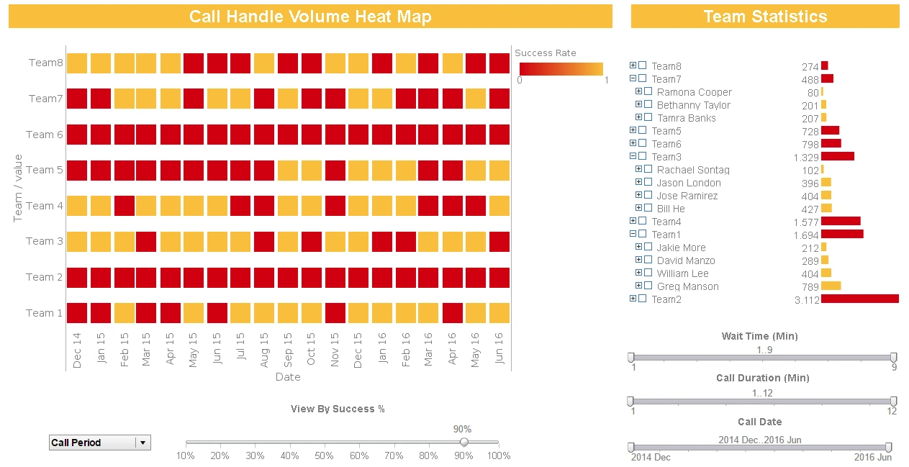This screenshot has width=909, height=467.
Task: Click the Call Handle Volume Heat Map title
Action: (x=310, y=17)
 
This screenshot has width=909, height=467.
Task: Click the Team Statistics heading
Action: (x=764, y=17)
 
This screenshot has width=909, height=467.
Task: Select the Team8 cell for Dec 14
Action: (x=77, y=63)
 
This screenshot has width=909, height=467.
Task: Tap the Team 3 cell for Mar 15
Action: (x=147, y=241)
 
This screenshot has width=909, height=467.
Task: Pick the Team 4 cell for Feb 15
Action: (x=124, y=206)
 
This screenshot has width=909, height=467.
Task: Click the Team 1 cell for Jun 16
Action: (x=499, y=313)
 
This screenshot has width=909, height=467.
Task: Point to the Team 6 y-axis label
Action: (x=45, y=135)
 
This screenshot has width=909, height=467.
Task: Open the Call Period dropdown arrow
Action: (x=143, y=443)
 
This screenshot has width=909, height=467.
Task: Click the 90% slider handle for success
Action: (x=464, y=442)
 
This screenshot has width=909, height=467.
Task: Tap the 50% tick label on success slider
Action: (x=325, y=455)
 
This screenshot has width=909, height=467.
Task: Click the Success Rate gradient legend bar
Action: (x=561, y=69)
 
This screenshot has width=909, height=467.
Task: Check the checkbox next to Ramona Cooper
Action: (x=648, y=92)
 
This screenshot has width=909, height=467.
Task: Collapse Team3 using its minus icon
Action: (x=633, y=156)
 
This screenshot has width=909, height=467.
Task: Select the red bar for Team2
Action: (x=859, y=299)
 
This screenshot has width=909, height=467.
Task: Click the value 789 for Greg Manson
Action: (x=810, y=286)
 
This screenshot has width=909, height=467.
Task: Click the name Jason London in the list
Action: (x=689, y=183)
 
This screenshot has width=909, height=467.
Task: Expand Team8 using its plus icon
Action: (x=633, y=65)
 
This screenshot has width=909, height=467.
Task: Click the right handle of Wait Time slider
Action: (x=893, y=358)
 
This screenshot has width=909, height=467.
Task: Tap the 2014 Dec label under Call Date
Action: (x=651, y=457)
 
